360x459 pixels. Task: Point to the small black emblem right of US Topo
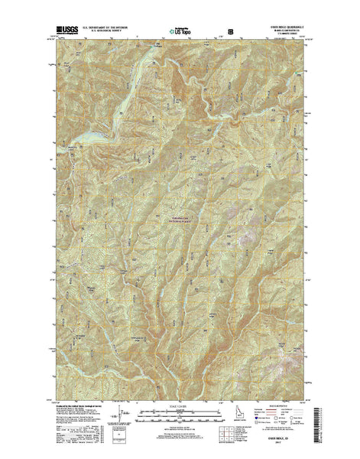(x=231, y=31)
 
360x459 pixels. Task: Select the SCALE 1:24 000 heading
(x=179, y=401)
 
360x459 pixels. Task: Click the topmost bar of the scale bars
(x=179, y=407)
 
